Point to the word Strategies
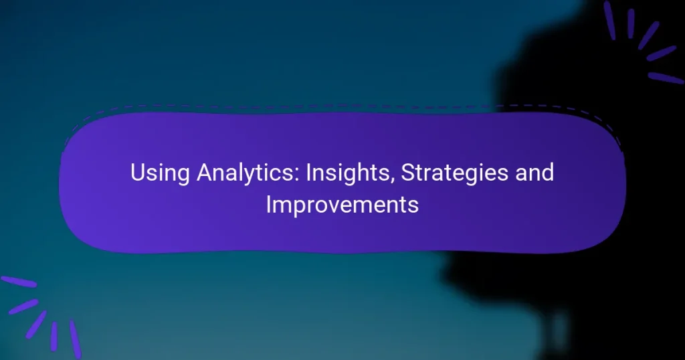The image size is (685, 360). [448, 173]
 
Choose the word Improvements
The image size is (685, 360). [342, 205]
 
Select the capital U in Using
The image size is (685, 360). [137, 173]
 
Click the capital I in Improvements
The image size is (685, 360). [268, 204]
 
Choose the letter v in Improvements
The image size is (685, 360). [338, 206]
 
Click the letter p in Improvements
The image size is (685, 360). [296, 207]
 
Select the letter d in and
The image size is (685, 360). [548, 173]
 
